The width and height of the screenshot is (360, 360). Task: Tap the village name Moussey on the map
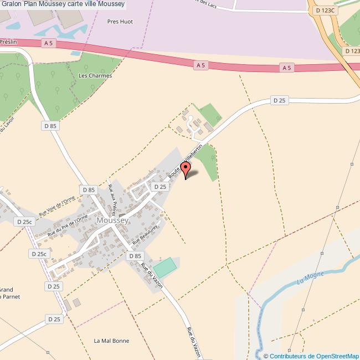(112, 220)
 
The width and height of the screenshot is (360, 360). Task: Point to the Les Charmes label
(95, 75)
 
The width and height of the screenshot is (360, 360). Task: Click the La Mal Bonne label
(111, 341)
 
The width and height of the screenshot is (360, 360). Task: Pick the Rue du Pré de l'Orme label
(68, 226)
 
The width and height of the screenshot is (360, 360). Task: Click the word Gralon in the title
(11, 4)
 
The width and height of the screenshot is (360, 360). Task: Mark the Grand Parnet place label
(6, 294)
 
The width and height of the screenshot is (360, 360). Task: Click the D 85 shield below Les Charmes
(50, 126)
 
